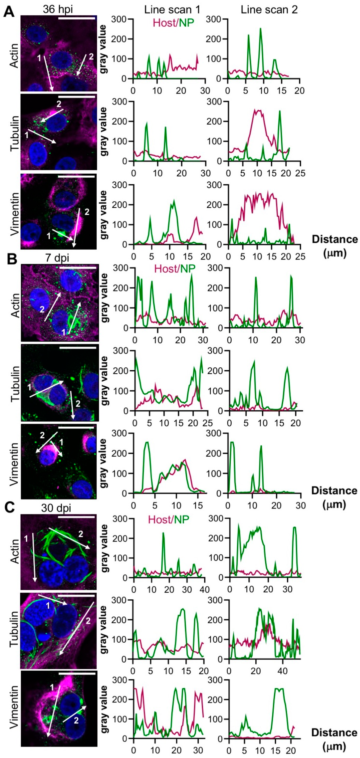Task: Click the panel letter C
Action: (x=9, y=507)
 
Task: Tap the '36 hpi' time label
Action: (x=58, y=9)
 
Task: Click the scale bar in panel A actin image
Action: (x=77, y=18)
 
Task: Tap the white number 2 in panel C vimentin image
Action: (x=76, y=720)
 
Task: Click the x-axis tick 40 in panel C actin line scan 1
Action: (x=204, y=589)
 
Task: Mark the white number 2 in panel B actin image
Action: (x=42, y=309)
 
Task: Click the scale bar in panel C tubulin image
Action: (x=77, y=596)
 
